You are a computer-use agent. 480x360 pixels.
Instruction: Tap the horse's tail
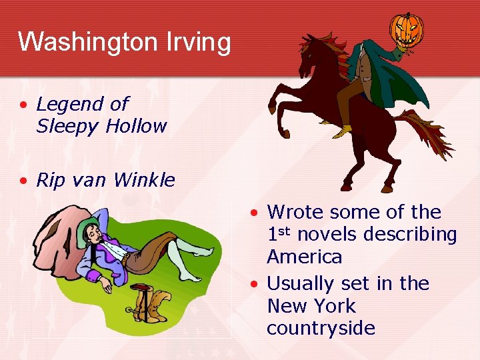427,133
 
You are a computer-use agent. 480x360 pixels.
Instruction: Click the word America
304,257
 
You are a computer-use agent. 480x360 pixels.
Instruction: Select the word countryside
321,328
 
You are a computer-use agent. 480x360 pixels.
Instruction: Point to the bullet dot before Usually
255,284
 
